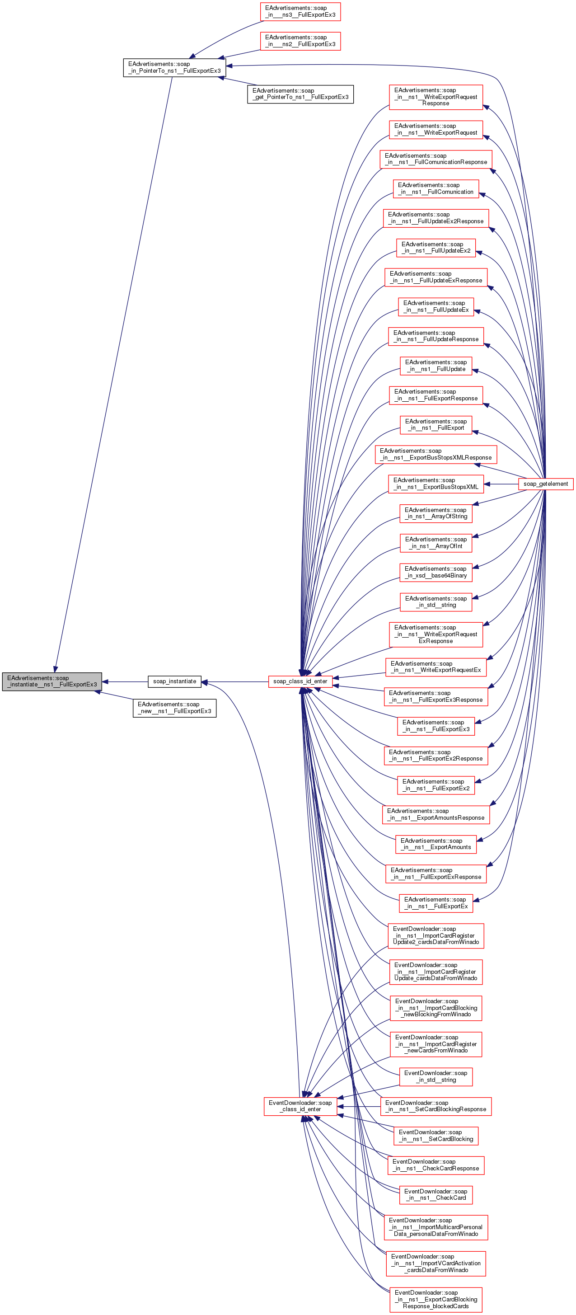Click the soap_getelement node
pos(545,484)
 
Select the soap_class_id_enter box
pos(300,681)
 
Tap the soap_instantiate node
pos(174,681)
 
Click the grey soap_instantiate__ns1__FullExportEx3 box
pos(52,681)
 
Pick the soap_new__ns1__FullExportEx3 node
pos(174,708)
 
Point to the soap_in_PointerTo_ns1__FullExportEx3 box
pos(174,67)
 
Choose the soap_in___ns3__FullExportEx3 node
pos(300,11)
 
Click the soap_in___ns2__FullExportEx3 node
pos(300,41)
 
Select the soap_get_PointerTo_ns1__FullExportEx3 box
pos(300,94)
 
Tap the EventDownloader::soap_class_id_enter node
pos(300,1106)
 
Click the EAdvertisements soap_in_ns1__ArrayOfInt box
pos(436,543)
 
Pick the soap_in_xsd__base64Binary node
pos(436,572)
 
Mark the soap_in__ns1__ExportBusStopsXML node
pos(436,484)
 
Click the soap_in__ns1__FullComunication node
pos(436,188)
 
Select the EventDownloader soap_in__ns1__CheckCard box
pos(436,1194)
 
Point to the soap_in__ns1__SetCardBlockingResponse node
pos(436,1106)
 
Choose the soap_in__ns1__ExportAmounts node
pos(436,844)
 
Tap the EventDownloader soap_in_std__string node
pos(436,1076)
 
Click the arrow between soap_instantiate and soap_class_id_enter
pos(234,681)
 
